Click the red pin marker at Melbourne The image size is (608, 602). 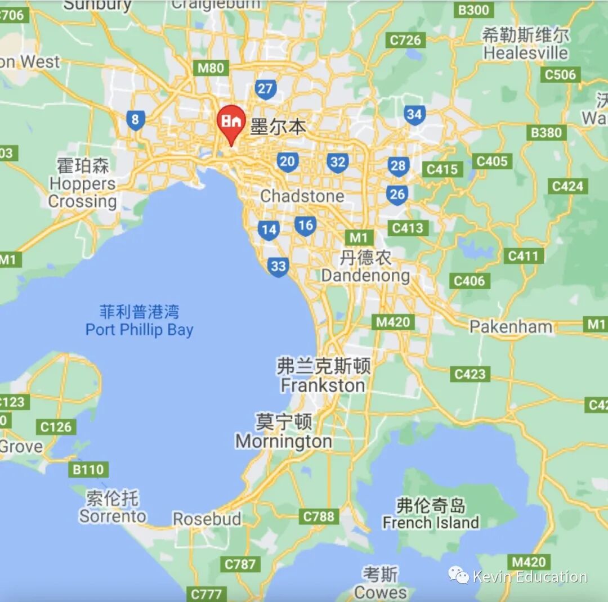[231, 122]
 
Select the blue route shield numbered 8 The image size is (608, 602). [135, 120]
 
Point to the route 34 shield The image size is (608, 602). [414, 115]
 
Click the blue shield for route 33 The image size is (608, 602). [279, 266]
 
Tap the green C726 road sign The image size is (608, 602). [405, 40]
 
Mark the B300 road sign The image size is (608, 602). [473, 10]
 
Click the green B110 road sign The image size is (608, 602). [88, 470]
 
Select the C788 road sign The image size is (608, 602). [319, 516]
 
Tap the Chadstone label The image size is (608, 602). [302, 196]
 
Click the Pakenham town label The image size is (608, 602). [511, 326]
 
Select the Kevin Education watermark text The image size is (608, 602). [529, 577]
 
